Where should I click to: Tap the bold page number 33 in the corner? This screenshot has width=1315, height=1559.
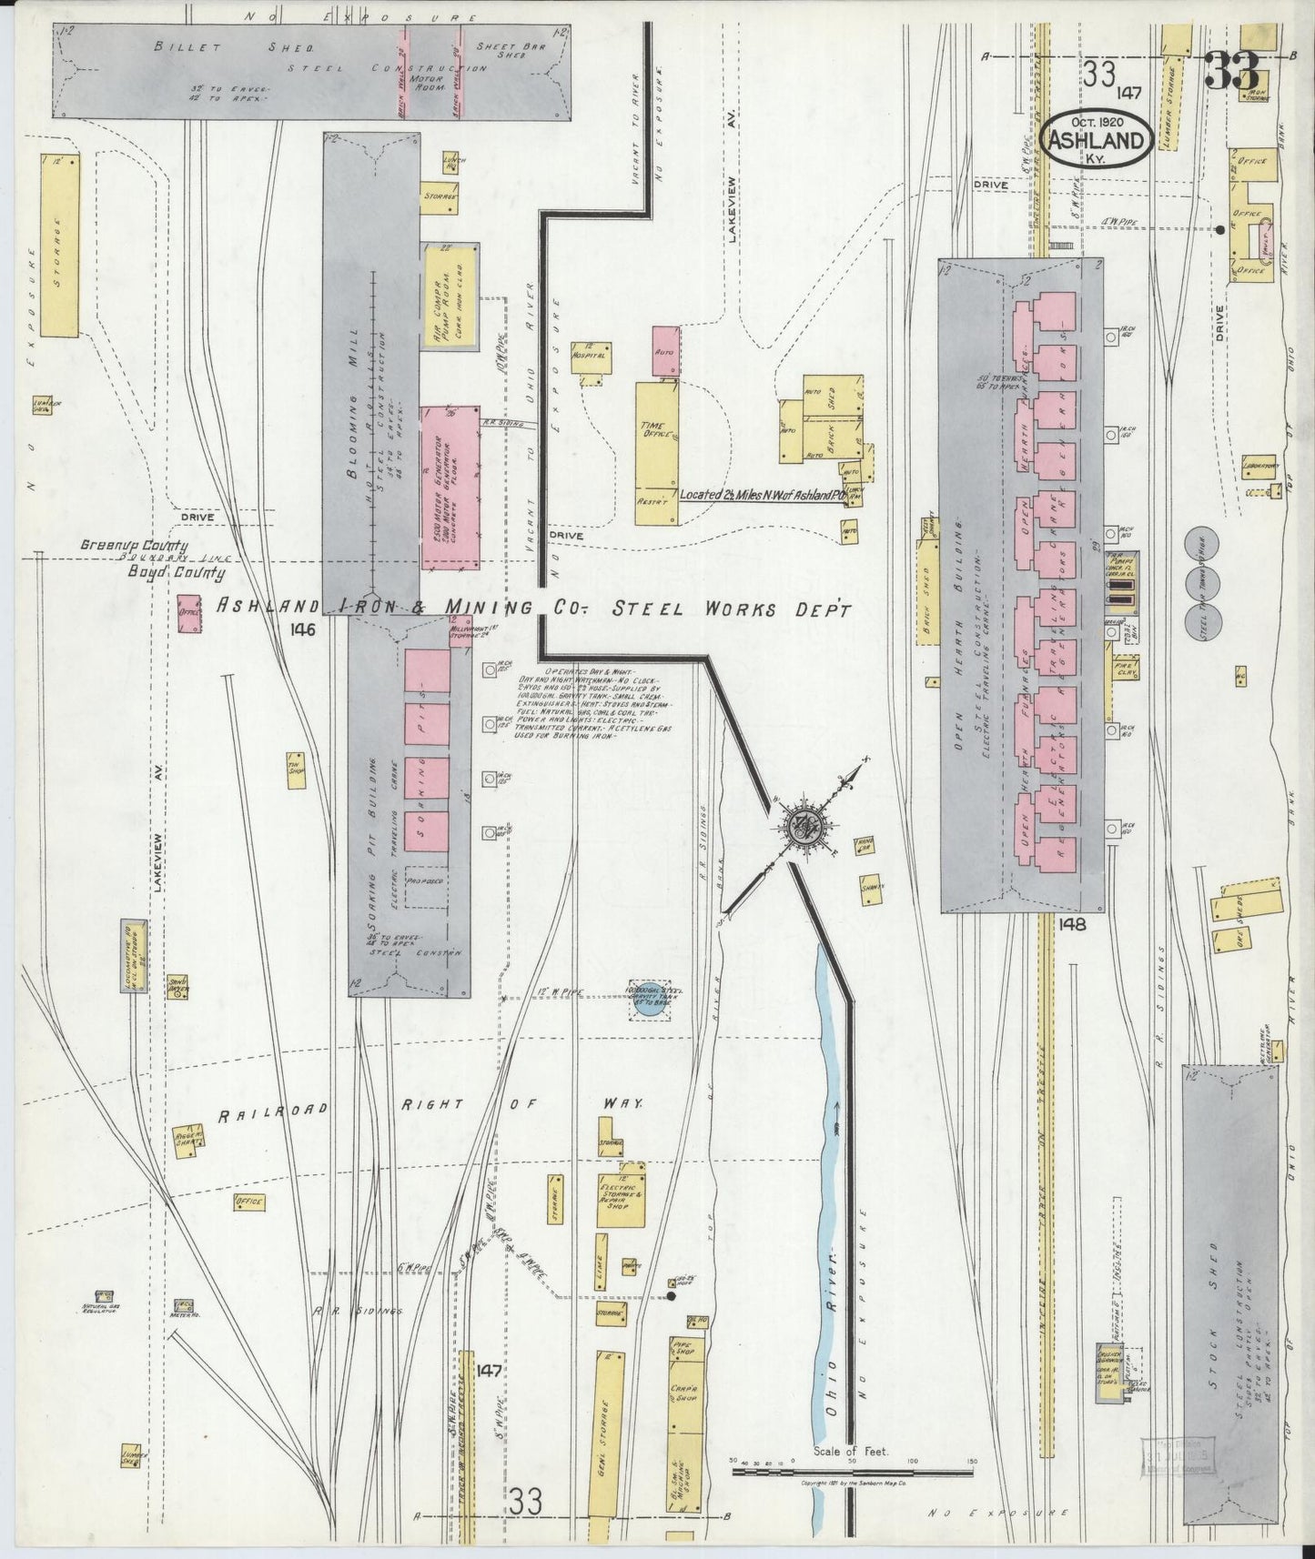point(1231,72)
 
